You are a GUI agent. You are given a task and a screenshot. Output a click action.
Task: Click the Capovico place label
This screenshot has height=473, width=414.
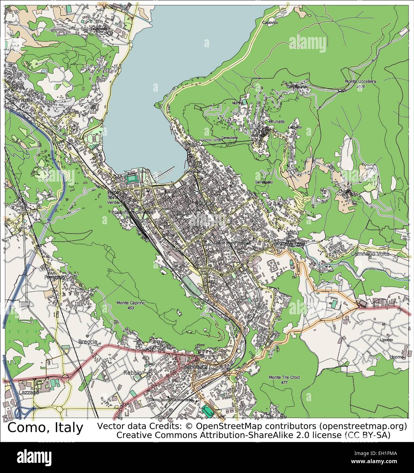[270, 22]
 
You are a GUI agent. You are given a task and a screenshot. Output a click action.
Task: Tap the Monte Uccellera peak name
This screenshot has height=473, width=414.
[360, 82]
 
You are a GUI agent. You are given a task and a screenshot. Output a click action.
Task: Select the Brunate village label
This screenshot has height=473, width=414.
[276, 121]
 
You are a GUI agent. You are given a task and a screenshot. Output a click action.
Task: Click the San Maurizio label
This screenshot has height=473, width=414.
[299, 87]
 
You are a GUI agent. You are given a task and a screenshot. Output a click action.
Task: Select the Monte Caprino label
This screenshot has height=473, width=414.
[131, 303]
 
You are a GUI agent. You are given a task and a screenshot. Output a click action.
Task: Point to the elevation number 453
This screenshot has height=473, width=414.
[131, 308]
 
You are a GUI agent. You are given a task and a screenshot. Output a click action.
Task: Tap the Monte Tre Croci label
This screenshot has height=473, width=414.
[284, 377]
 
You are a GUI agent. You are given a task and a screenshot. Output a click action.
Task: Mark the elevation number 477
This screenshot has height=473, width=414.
[284, 382]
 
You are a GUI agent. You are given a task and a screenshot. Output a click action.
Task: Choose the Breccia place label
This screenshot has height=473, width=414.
[87, 341]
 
